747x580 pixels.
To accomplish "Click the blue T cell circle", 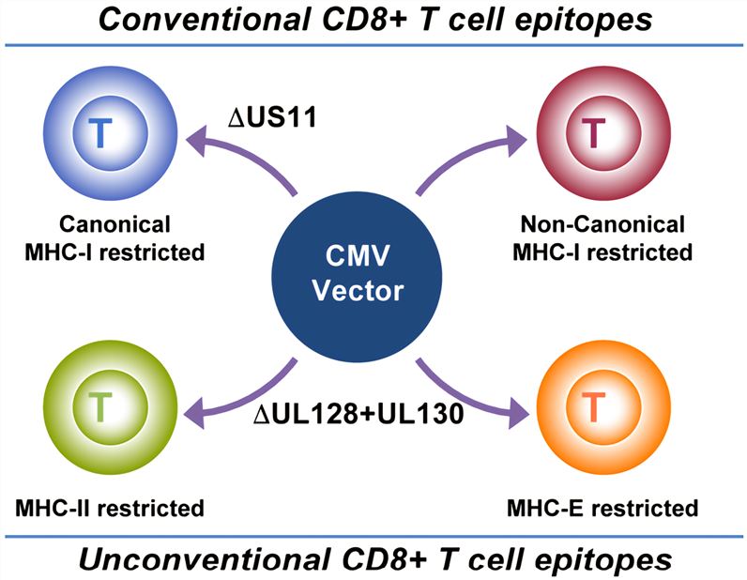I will [x=101, y=134].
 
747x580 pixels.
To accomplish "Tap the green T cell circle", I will [x=101, y=406].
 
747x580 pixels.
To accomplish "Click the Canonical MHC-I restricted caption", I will [x=115, y=238].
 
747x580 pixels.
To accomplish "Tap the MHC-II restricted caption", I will [x=109, y=509].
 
